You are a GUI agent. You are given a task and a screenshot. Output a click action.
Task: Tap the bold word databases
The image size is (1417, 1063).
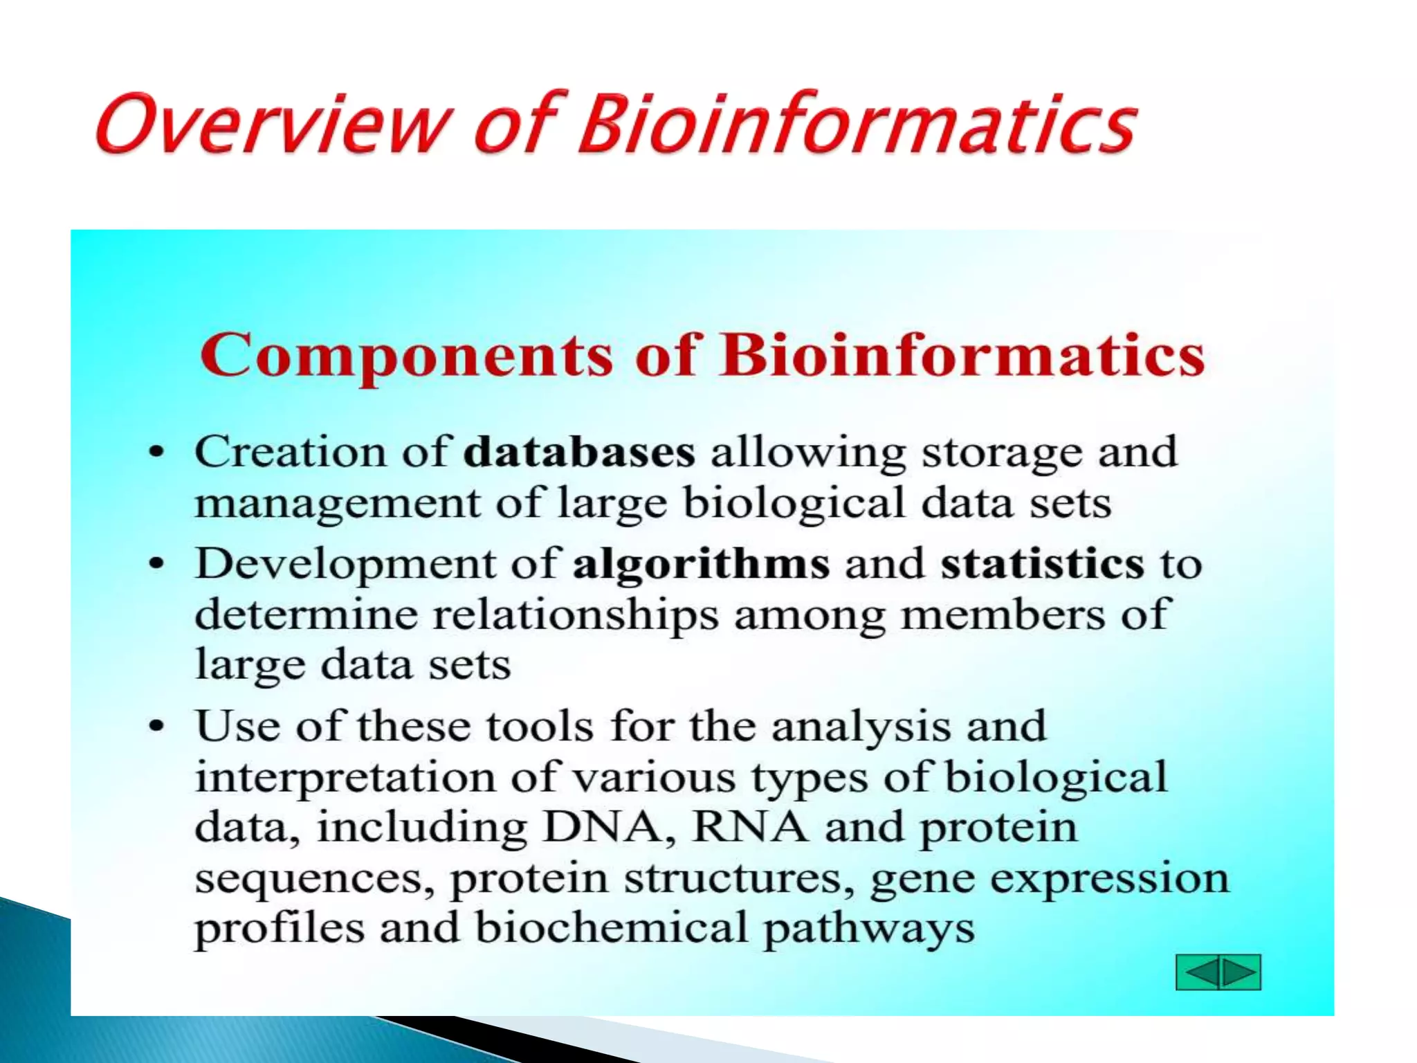click(x=578, y=453)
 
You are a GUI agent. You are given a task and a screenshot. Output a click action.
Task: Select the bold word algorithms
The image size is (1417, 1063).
click(x=700, y=565)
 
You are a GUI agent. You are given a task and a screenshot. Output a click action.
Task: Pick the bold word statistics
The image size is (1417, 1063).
click(x=1042, y=563)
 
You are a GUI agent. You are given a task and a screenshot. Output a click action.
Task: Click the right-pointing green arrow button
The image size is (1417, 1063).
click(x=1239, y=972)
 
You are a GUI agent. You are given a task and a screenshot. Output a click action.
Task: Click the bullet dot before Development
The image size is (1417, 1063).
click(x=158, y=564)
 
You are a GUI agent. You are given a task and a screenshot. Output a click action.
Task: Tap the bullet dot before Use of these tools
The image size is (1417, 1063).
click(x=158, y=727)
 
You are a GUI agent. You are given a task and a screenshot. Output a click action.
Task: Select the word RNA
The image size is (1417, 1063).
click(x=749, y=827)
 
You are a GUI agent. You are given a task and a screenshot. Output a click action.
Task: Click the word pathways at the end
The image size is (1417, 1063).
click(x=868, y=929)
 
